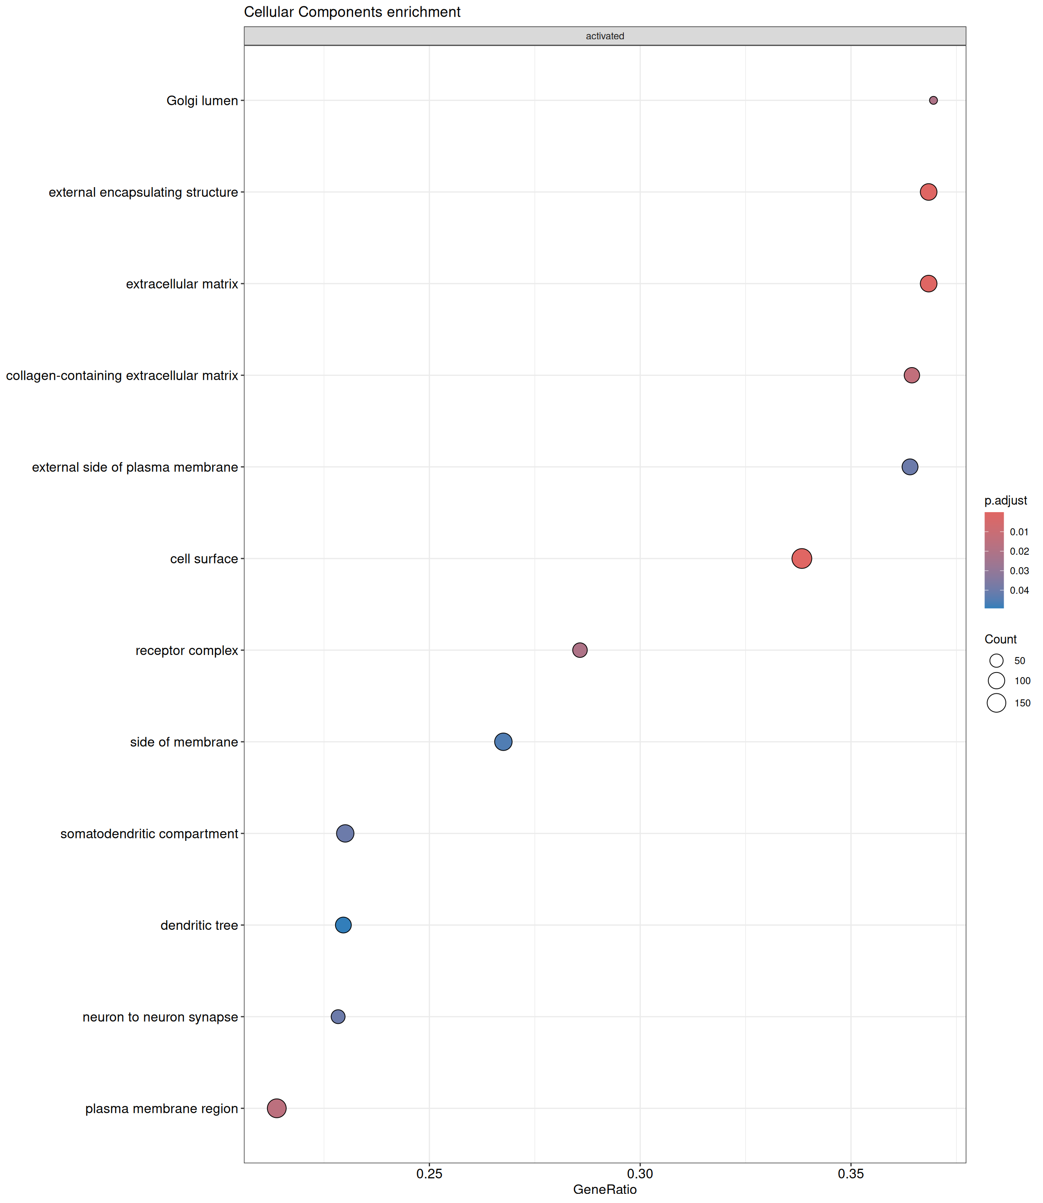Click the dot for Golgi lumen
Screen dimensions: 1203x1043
(x=933, y=101)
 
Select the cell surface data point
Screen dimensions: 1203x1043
(x=801, y=558)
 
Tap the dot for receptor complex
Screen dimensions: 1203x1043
(x=580, y=650)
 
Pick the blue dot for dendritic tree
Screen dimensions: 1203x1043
(x=343, y=925)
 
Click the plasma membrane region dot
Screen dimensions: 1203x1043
(x=277, y=1108)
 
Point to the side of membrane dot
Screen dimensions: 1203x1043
(x=503, y=742)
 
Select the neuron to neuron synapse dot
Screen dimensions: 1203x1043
(x=338, y=1016)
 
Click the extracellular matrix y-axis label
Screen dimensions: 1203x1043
(x=182, y=284)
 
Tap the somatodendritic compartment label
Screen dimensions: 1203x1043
(x=149, y=834)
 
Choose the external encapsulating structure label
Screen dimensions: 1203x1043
(x=143, y=193)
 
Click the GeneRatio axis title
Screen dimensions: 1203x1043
(x=605, y=1190)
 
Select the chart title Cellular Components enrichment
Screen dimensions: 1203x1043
(x=352, y=12)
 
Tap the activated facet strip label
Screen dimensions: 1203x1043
(x=605, y=36)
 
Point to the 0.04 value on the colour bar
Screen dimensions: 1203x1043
(x=1019, y=591)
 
